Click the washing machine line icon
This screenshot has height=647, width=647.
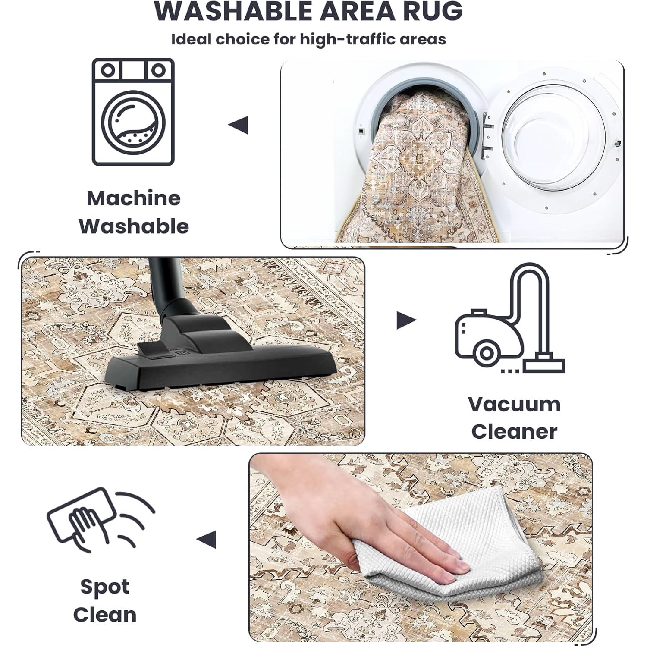click(133, 112)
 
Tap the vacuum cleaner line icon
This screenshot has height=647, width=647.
click(509, 318)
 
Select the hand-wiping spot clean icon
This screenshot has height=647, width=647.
click(101, 520)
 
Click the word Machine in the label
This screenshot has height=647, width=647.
click(134, 198)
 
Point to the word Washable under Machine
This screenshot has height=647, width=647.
click(134, 226)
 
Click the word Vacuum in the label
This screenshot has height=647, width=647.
click(514, 404)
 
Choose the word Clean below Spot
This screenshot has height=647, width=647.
click(105, 615)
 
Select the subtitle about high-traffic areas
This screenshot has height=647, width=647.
click(309, 39)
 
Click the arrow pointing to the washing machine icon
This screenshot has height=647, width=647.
click(238, 125)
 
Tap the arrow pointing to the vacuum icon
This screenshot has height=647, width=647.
click(406, 320)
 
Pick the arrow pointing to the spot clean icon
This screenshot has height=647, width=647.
click(206, 540)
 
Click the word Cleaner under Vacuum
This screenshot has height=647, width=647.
click(514, 431)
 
